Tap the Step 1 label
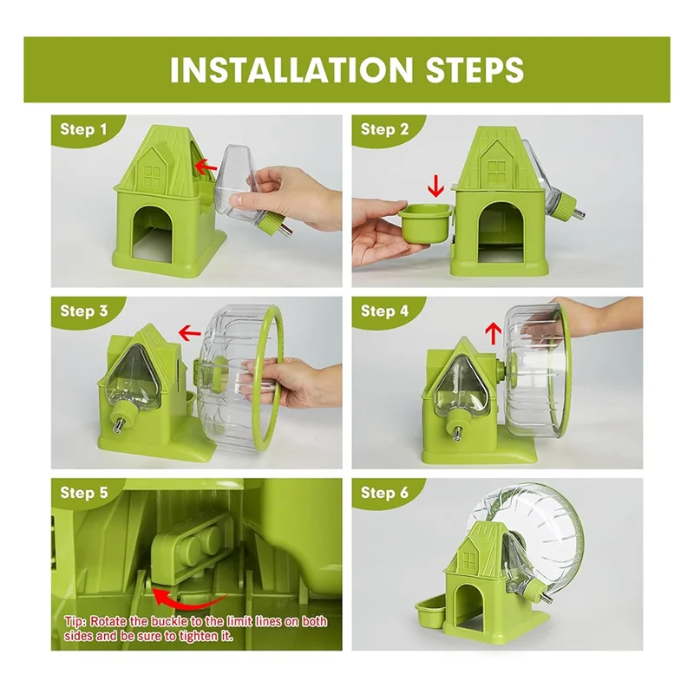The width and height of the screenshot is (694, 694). (84, 130)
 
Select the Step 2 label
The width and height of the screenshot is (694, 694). (384, 130)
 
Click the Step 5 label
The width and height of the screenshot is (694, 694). (84, 493)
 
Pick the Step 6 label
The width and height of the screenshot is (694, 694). (384, 493)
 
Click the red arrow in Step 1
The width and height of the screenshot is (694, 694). (205, 165)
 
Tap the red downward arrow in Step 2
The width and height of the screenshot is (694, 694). (435, 185)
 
